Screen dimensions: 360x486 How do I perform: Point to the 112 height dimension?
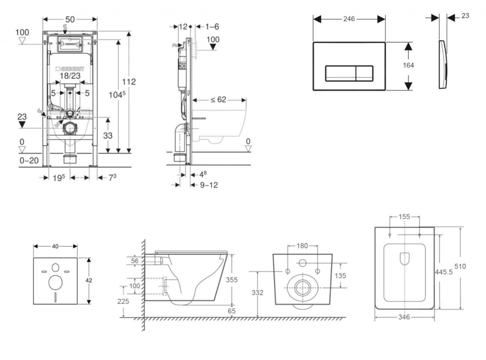click(129, 82)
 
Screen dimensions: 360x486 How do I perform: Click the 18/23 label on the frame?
click(70, 76)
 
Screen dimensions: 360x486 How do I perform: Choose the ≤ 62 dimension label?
click(218, 100)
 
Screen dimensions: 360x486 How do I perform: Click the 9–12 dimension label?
click(209, 185)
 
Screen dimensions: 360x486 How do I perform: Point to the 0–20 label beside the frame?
click(29, 161)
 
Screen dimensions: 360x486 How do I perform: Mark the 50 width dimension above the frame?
click(70, 19)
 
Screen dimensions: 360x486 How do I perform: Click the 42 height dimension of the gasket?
click(89, 280)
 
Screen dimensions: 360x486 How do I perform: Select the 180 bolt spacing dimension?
click(302, 246)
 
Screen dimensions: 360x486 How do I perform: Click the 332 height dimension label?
click(257, 293)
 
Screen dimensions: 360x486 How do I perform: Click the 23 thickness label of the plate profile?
click(465, 16)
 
